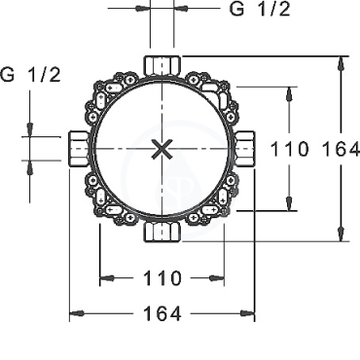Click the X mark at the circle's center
162,150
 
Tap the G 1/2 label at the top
260,9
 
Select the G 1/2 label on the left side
30,75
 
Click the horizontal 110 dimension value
162,278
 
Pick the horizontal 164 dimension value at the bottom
162,313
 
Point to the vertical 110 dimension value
289,149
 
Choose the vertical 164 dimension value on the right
341,149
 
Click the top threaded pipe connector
162,66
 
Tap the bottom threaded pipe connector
162,232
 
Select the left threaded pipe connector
79,149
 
